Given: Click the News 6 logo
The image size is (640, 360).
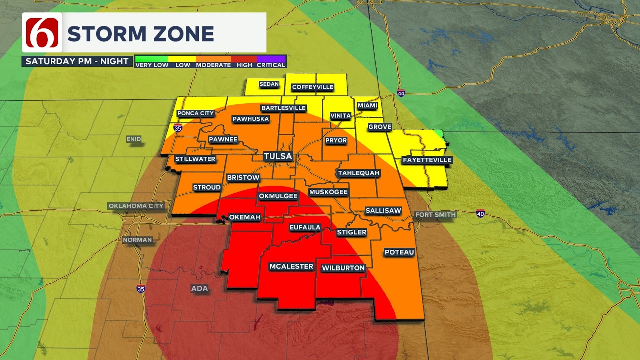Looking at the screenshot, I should [x=42, y=33].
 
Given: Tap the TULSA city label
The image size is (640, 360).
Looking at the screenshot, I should [x=278, y=156].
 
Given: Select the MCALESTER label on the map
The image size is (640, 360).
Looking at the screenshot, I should [x=291, y=266].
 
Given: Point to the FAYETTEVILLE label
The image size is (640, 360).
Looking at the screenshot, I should [x=427, y=160].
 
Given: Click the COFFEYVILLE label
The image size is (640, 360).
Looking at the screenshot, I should [x=312, y=87].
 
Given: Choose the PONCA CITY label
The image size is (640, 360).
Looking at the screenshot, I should [x=195, y=113].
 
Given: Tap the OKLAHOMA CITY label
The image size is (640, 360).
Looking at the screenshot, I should [x=136, y=206].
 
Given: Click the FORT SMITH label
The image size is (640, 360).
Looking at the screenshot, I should [x=435, y=215].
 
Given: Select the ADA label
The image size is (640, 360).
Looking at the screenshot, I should [x=199, y=288].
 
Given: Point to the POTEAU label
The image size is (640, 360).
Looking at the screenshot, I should [x=399, y=252].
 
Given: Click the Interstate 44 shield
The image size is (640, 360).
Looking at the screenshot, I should [x=401, y=93].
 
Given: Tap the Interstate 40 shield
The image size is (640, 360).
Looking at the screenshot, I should [x=480, y=213].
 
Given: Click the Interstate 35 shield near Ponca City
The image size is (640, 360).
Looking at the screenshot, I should [x=177, y=128].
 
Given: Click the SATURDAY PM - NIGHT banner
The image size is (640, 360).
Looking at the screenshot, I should [x=77, y=61].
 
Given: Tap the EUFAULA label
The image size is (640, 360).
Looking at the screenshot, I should [x=305, y=227].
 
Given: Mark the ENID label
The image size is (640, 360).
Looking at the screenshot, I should [x=134, y=139].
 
